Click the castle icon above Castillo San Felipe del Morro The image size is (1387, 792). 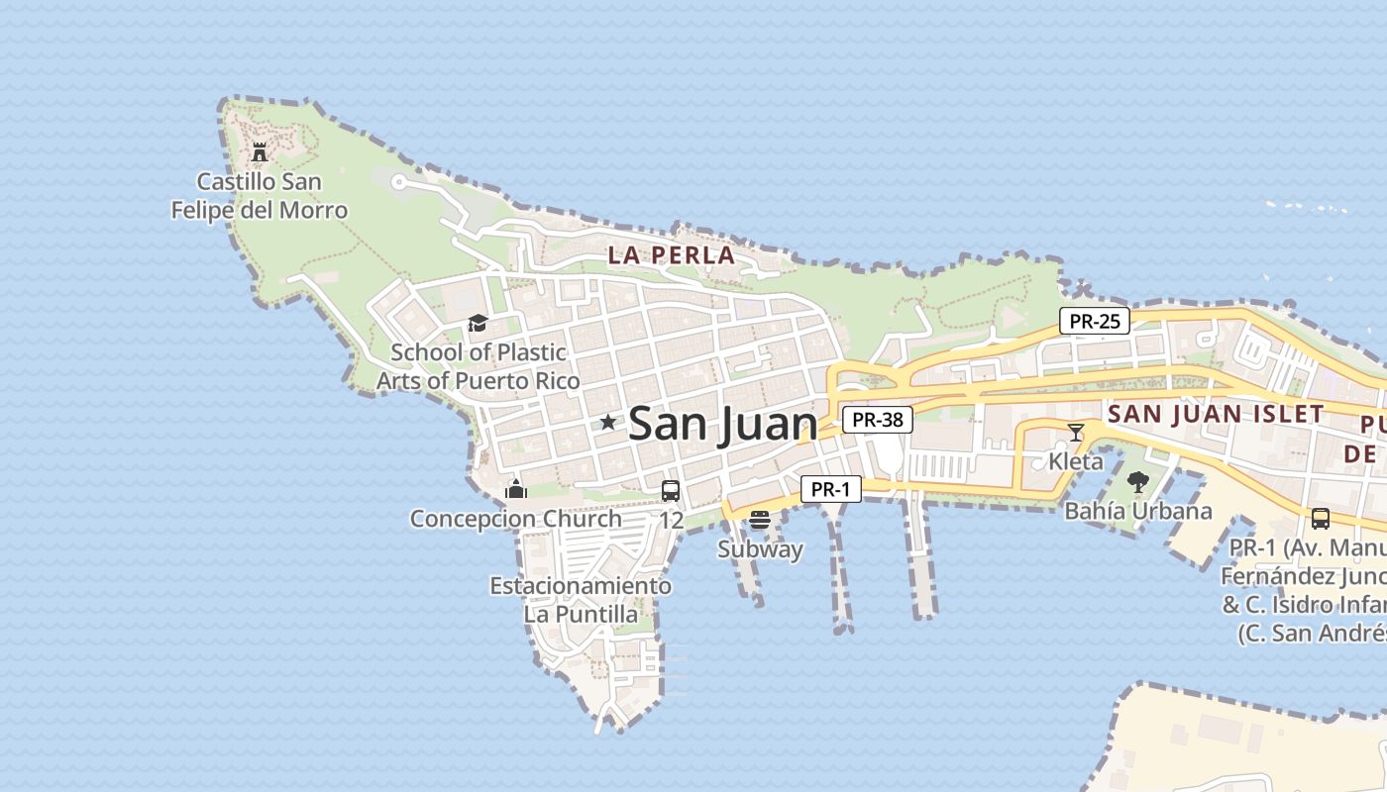(260, 152)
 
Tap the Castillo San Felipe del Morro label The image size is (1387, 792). (260, 196)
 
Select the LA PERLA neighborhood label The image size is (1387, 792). (672, 255)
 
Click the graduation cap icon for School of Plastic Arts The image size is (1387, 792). (478, 324)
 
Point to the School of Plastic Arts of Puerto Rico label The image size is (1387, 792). (479, 366)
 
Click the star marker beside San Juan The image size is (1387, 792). (608, 423)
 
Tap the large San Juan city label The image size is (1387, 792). (723, 424)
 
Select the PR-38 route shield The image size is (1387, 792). (878, 420)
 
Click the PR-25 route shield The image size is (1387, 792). (1095, 321)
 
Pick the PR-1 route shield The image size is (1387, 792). (831, 489)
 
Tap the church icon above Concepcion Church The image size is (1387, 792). (515, 489)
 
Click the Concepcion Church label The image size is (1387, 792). (516, 519)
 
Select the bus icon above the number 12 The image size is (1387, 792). (671, 491)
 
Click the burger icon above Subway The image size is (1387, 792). (760, 520)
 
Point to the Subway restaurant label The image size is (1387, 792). (760, 549)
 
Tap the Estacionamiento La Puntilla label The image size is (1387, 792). (581, 600)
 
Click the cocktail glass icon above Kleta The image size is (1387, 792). (1076, 433)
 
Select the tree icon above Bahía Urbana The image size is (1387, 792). (1138, 482)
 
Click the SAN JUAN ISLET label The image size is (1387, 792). (1217, 415)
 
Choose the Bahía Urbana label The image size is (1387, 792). (1138, 512)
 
